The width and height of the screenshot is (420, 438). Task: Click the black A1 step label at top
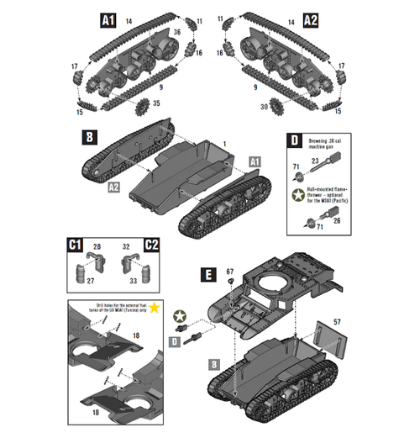click(107, 18)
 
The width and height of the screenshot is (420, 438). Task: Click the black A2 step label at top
click(310, 18)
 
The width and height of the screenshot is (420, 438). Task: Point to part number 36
click(178, 33)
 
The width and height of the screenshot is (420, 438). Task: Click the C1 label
click(75, 245)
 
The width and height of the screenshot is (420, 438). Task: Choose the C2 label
click(152, 245)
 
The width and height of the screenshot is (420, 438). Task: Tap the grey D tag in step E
click(176, 340)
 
